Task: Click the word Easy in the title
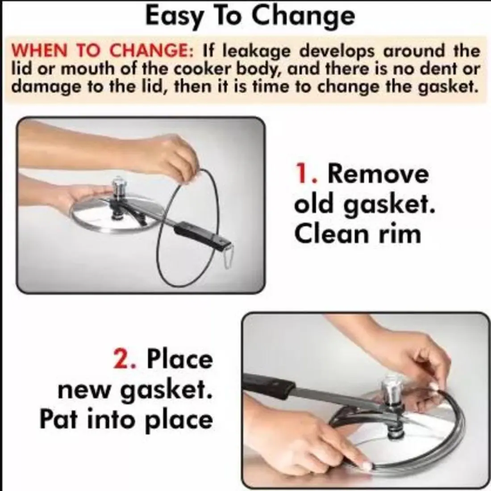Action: click(x=175, y=17)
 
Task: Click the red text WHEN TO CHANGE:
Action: click(x=102, y=51)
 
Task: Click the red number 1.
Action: click(x=305, y=174)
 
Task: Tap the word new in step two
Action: click(x=83, y=390)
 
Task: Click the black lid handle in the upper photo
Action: click(x=203, y=235)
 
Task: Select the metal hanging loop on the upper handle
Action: click(x=229, y=257)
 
